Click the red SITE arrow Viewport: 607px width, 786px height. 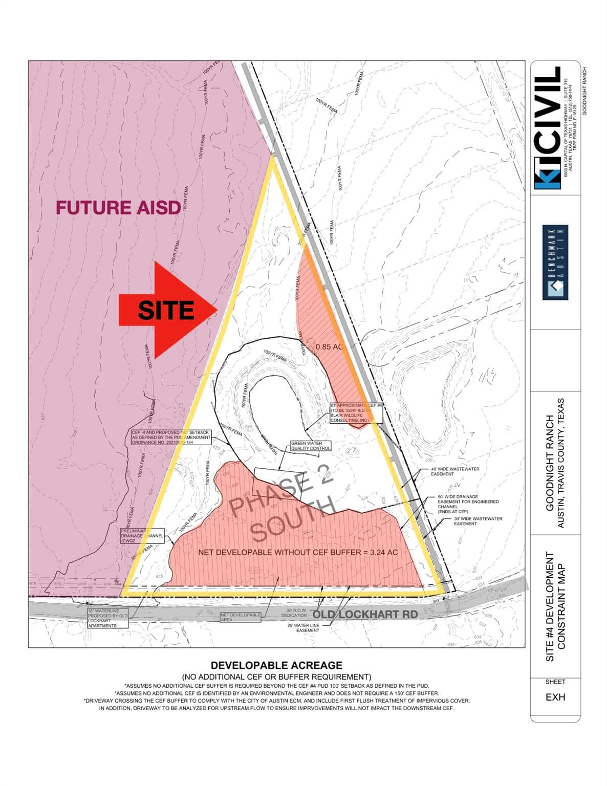tap(166, 310)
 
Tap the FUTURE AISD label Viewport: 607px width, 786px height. tap(118, 207)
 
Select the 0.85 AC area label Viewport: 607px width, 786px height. tap(329, 346)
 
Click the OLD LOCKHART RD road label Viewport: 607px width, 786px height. tap(365, 614)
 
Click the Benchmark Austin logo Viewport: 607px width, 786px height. tap(555, 263)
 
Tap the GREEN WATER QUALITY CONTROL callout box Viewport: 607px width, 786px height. tap(311, 446)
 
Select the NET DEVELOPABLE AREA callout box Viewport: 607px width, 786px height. tap(241, 617)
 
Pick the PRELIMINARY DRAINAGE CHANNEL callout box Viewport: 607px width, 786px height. tap(142, 536)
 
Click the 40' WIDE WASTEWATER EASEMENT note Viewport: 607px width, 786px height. tap(454, 471)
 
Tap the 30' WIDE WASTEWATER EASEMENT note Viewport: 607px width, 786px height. tap(478, 521)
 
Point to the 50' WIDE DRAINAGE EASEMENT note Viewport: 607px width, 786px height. tap(468, 504)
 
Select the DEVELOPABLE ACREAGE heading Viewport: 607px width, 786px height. tap(276, 665)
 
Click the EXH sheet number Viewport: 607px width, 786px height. tap(555, 697)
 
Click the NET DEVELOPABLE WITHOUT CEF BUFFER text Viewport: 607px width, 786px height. tap(298, 553)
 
